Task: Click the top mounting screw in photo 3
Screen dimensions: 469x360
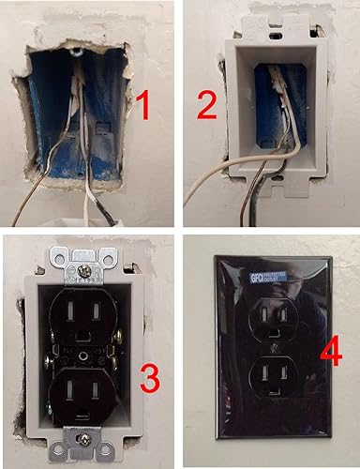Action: click(82, 271)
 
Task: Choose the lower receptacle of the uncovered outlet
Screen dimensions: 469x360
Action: click(82, 395)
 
